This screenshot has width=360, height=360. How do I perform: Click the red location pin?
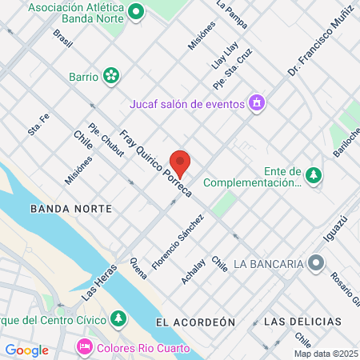(x=181, y=164)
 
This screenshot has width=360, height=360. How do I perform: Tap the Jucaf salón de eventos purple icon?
(x=256, y=102)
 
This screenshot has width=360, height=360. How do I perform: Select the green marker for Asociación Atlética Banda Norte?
(x=136, y=12)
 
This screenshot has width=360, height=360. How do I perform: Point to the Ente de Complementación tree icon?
(x=314, y=176)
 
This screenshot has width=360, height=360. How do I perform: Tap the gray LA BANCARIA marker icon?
(x=317, y=262)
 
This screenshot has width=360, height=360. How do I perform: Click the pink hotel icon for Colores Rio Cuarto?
(x=83, y=348)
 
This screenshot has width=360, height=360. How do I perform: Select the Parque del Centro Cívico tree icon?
(x=118, y=319)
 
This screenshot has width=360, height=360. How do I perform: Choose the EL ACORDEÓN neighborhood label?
(x=196, y=321)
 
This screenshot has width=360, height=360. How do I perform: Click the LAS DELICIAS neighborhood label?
(x=302, y=321)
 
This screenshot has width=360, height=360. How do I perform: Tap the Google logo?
(x=26, y=350)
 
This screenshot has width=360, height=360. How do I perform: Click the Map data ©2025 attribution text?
(x=326, y=354)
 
